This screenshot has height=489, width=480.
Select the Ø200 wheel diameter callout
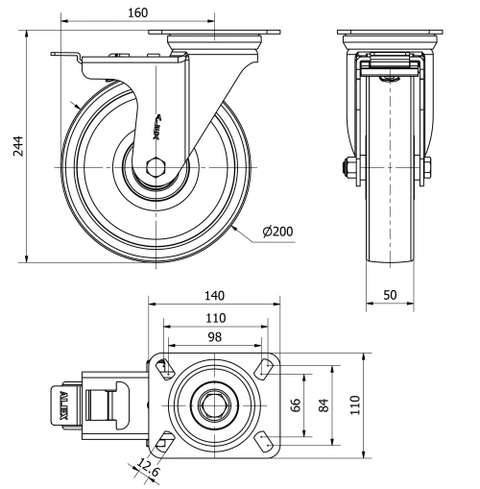click(x=278, y=231)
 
